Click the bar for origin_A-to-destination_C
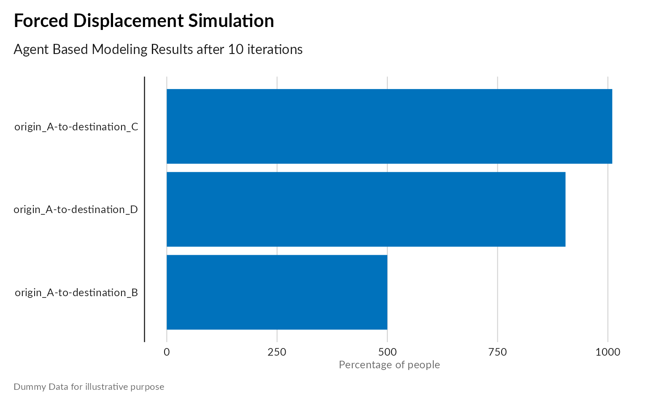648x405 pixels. click(x=389, y=126)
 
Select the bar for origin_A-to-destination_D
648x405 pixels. click(x=366, y=209)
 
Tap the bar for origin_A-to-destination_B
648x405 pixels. click(x=277, y=292)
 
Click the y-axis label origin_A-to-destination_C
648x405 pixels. click(x=76, y=127)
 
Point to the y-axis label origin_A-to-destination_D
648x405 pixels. click(x=76, y=210)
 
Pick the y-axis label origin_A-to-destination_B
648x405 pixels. click(x=76, y=293)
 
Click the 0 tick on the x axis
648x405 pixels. click(x=167, y=352)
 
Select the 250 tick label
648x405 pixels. click(x=277, y=352)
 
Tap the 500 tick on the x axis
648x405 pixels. click(x=387, y=352)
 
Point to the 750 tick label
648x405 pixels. click(x=497, y=352)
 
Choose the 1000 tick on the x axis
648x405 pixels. click(x=608, y=352)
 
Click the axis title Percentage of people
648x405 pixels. click(x=389, y=365)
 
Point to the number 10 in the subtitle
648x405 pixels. click(x=236, y=50)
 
